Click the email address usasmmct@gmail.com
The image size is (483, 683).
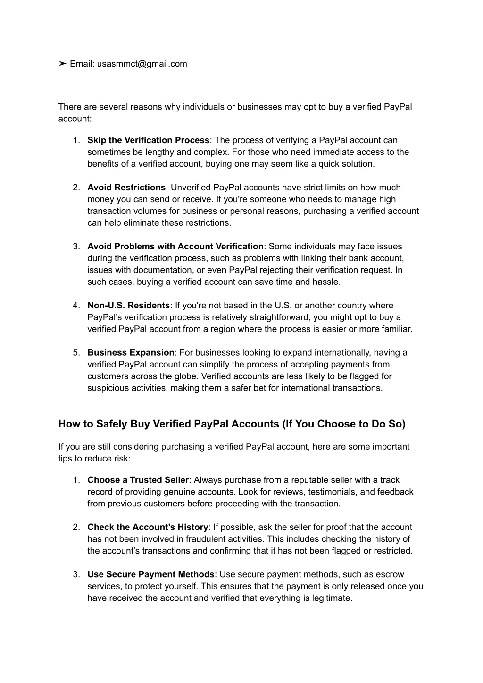pos(142,64)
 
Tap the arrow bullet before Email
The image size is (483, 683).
pos(62,64)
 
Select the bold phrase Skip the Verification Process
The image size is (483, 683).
pos(148,140)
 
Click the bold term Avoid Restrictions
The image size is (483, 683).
pos(126,188)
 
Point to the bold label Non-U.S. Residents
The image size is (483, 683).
pos(128,306)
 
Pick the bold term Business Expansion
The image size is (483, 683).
pos(131,353)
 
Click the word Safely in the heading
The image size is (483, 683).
pos(112,424)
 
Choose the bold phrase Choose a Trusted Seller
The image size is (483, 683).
pos(138,480)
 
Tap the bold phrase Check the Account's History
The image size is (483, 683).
pos(147,528)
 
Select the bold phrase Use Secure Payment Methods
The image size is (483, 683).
pos(150,575)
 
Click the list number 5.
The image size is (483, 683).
pos(75,353)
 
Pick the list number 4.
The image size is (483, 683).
pos(75,306)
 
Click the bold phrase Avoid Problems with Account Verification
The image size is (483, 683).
pos(175,247)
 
